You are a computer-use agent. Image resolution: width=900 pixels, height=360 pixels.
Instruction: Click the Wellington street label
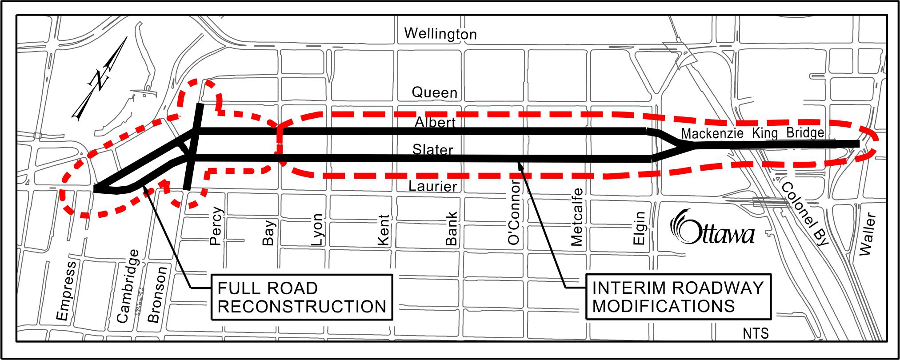click(440, 34)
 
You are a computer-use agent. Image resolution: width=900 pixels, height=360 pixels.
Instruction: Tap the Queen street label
click(434, 92)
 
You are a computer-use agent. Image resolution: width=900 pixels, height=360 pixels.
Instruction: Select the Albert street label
click(435, 122)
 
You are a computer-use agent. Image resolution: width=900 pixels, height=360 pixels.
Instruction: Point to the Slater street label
click(432, 150)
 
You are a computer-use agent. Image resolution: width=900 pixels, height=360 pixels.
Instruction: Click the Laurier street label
click(432, 186)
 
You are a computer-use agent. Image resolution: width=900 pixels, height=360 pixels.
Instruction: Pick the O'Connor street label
click(514, 212)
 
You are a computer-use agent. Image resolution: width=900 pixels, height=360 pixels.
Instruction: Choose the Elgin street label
click(639, 228)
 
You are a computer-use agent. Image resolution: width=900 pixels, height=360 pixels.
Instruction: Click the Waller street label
click(868, 234)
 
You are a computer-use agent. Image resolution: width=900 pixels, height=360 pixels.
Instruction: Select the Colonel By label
click(804, 213)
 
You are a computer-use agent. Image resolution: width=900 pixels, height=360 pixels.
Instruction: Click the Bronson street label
click(157, 294)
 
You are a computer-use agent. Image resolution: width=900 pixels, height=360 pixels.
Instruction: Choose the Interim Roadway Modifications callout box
click(678, 296)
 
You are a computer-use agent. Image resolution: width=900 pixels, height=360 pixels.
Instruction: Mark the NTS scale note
click(755, 333)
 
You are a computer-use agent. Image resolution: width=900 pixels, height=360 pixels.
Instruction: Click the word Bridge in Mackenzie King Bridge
click(805, 132)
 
